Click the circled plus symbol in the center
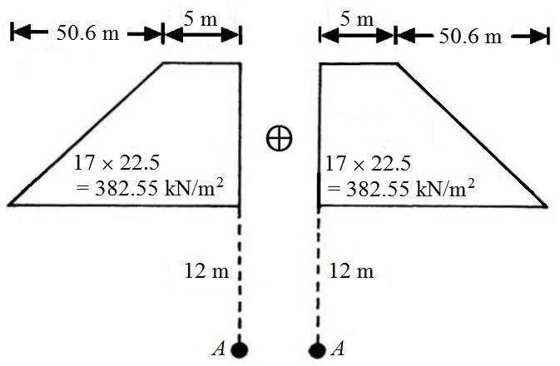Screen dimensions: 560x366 (280, 138)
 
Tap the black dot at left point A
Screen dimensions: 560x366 (241, 349)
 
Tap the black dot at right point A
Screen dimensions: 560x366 (317, 349)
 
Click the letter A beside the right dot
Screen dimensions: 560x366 (337, 349)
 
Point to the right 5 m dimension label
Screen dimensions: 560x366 (358, 19)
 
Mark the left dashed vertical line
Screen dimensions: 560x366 (240, 274)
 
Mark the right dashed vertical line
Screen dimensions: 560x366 (318, 274)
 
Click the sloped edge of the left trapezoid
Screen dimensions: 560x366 (86, 133)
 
